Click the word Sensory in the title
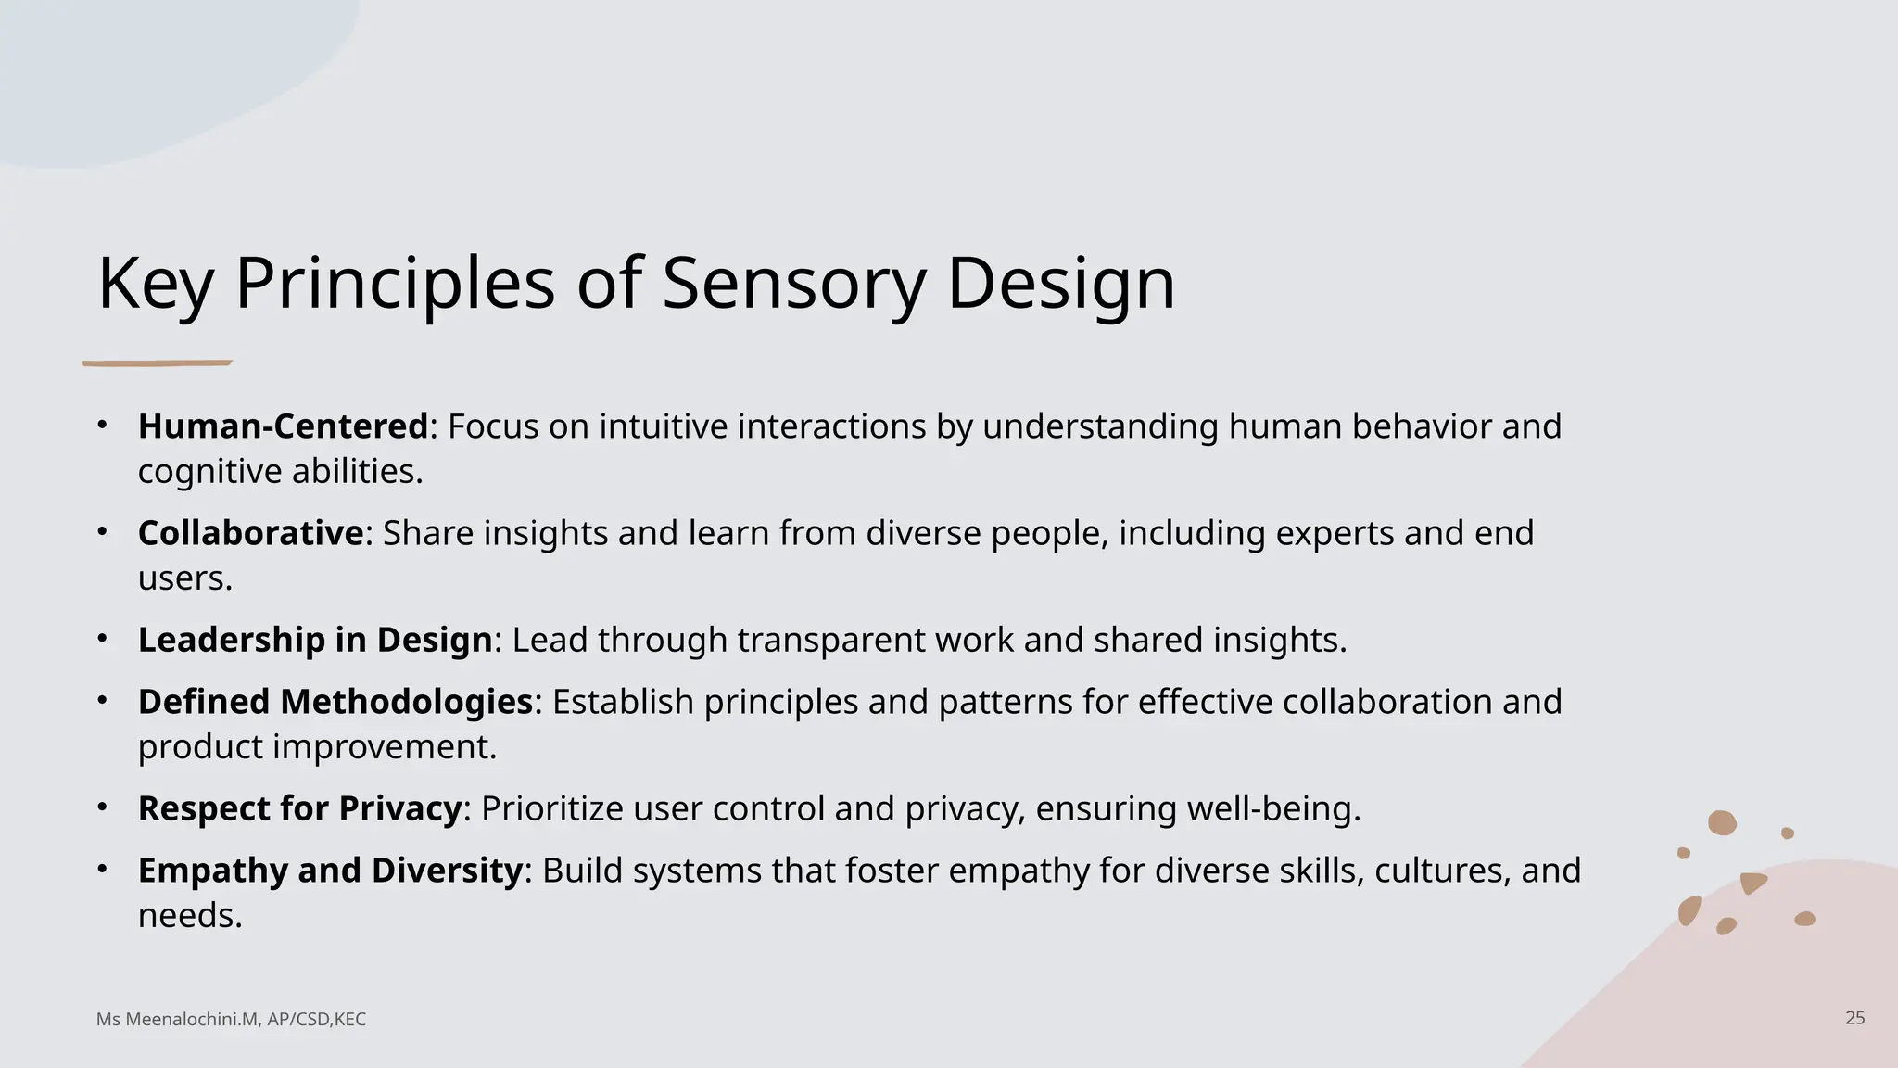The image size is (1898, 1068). click(793, 283)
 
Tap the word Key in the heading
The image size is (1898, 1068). click(155, 283)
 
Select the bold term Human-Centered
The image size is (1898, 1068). click(283, 426)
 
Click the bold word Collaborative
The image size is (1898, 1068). click(250, 533)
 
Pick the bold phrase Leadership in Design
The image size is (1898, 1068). click(314, 640)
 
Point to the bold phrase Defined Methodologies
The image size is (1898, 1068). click(335, 702)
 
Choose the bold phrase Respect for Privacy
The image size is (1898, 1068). click(299, 808)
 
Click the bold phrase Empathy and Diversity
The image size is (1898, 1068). click(330, 871)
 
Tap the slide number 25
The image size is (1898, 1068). click(1854, 1018)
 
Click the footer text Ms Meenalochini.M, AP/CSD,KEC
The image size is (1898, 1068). click(231, 1020)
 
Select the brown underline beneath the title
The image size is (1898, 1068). click(157, 363)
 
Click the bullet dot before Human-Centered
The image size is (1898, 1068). click(103, 426)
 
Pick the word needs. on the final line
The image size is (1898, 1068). click(190, 916)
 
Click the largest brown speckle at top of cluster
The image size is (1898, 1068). click(1722, 822)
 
